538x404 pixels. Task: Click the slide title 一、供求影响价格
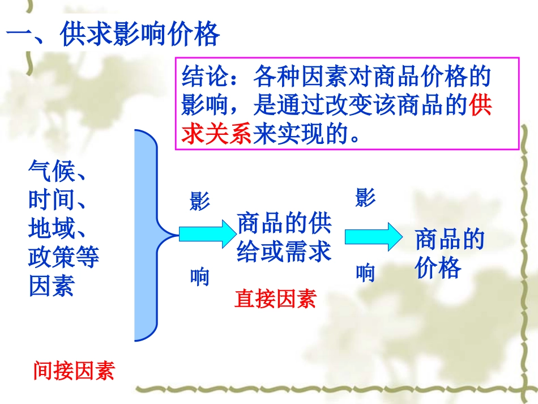(113, 36)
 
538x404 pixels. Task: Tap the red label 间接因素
(74, 371)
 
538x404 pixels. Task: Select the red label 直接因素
(275, 299)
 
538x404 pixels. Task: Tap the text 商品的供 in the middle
(284, 224)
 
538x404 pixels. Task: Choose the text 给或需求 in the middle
(284, 251)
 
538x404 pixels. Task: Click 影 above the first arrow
(199, 201)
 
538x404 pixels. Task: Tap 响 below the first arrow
(199, 277)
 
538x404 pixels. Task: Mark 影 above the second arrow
(365, 198)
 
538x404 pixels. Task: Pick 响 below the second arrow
(365, 274)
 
